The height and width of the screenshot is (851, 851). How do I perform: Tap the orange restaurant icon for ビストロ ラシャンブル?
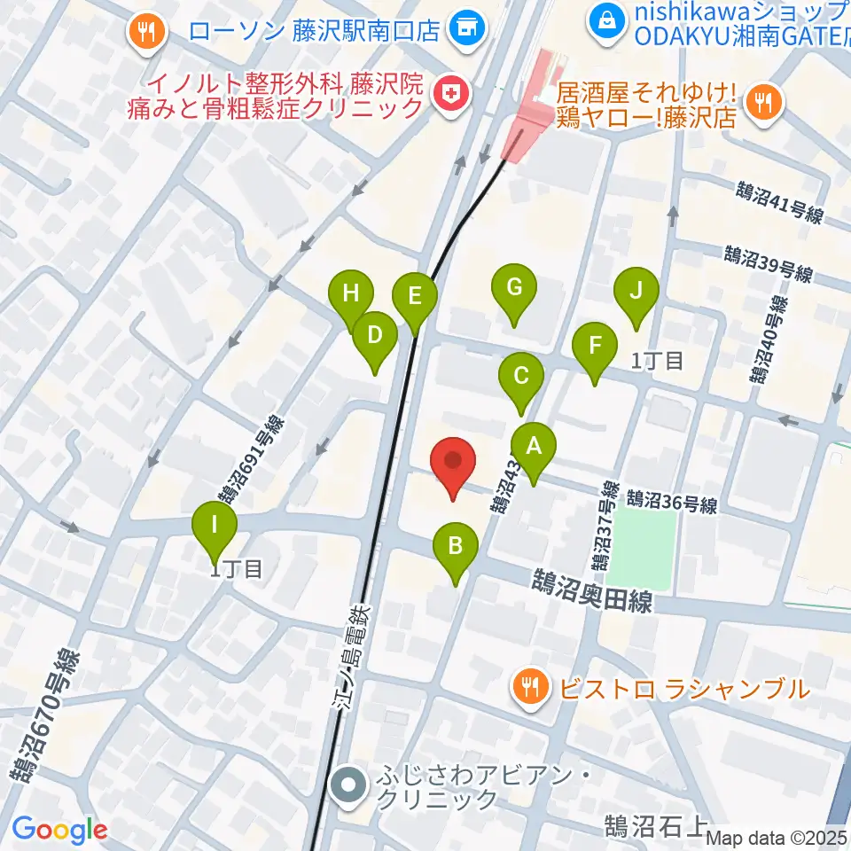tap(531, 688)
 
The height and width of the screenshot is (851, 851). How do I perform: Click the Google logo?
tap(59, 829)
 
